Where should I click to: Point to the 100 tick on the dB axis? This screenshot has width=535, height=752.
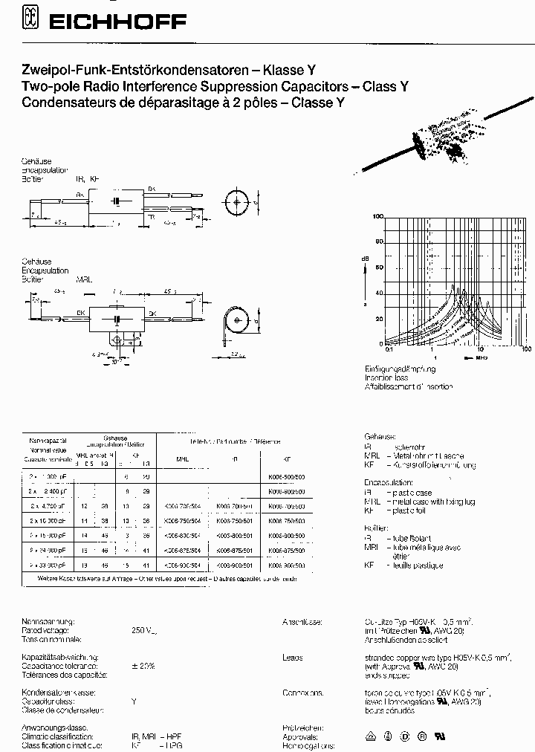point(377,216)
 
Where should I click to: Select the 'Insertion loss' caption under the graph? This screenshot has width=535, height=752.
point(386,377)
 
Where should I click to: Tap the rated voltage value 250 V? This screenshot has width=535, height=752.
point(143,631)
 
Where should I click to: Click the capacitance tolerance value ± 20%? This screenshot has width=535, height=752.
point(143,666)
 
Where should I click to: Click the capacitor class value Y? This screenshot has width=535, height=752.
point(134,701)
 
